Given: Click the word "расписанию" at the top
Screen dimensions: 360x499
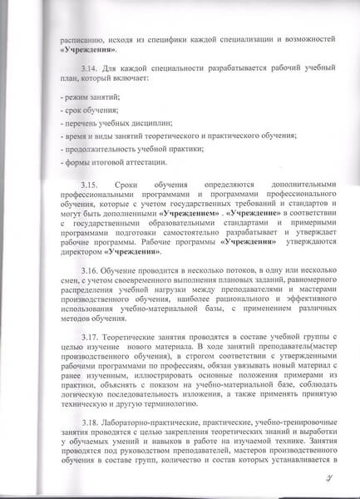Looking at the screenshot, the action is click(x=82, y=39).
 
